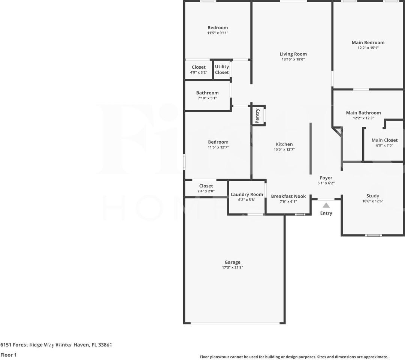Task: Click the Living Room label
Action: coord(293,54)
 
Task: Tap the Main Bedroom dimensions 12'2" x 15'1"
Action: coord(368,48)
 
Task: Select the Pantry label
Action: coord(257,116)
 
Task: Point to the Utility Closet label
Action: coord(222,70)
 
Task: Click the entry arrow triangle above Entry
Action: coord(326,205)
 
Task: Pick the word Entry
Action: coord(326,213)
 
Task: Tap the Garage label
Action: coord(232,262)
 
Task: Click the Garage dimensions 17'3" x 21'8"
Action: coord(232,268)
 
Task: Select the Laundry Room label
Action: coord(247,194)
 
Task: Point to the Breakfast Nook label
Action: coord(288,196)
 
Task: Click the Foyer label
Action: coord(326,178)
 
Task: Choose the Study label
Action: coord(372,196)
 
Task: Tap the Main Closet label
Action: coord(384,140)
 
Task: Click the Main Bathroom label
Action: coord(363,113)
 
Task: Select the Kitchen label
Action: coord(284,144)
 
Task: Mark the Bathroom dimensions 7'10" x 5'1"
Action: coord(207,98)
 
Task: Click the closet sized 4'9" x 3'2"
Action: coord(199,70)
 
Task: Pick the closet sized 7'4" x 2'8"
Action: coord(206,188)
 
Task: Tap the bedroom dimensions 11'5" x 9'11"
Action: coord(218,33)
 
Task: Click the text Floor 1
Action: coord(9,355)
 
